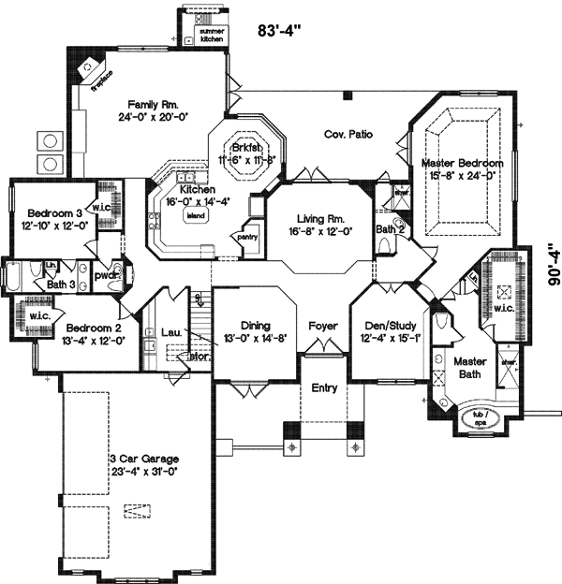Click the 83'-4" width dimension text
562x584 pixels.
[279, 30]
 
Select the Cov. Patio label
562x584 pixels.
[348, 135]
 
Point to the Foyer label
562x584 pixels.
[323, 327]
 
